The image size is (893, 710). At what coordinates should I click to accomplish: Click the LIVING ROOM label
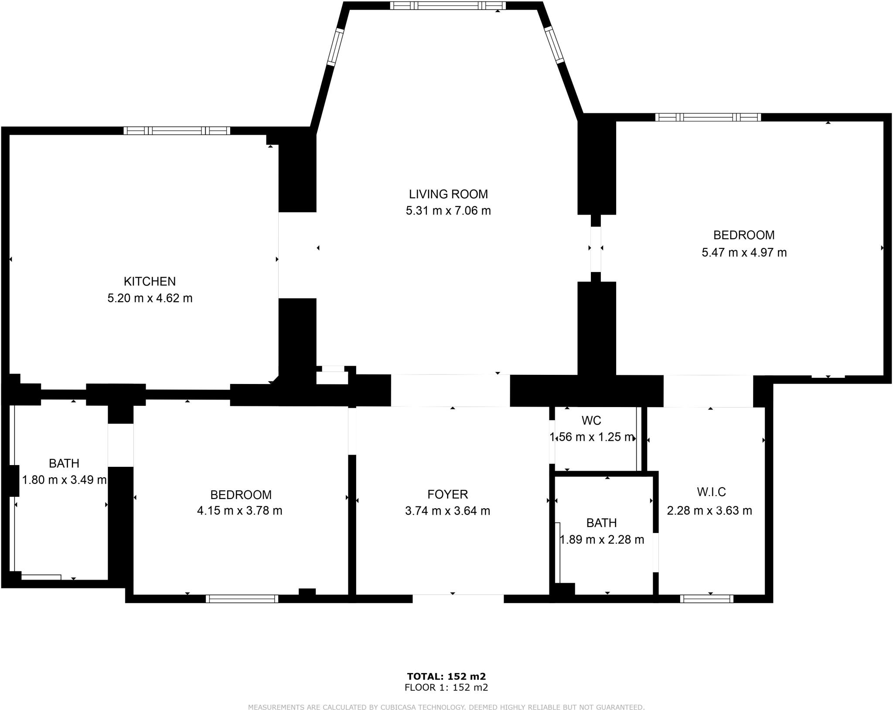[448, 194]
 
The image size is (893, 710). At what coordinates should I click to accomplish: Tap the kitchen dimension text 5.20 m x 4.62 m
[150, 299]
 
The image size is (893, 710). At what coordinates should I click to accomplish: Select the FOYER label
[447, 494]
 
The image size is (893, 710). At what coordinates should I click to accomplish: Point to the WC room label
[591, 421]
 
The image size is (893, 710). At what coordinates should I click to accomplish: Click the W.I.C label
[711, 492]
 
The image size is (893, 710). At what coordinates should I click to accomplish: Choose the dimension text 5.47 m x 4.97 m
[744, 253]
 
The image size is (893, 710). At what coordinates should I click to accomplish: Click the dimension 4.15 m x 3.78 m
[239, 511]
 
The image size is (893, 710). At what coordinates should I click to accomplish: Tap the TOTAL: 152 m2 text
[446, 676]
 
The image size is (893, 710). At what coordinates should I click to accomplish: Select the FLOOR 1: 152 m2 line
[446, 688]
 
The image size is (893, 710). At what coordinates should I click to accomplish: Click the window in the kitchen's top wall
[177, 130]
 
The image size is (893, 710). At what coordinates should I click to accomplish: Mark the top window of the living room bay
[448, 6]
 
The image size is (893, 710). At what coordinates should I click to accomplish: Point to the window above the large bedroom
[708, 117]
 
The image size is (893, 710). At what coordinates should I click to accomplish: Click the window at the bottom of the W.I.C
[706, 599]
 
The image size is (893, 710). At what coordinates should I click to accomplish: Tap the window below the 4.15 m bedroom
[242, 599]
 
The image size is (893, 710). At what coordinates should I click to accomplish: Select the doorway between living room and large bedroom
[596, 248]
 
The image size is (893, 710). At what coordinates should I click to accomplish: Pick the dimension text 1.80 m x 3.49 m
[64, 480]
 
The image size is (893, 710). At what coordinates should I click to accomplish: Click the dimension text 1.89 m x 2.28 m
[601, 540]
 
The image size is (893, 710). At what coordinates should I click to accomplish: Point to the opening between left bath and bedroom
[121, 445]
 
